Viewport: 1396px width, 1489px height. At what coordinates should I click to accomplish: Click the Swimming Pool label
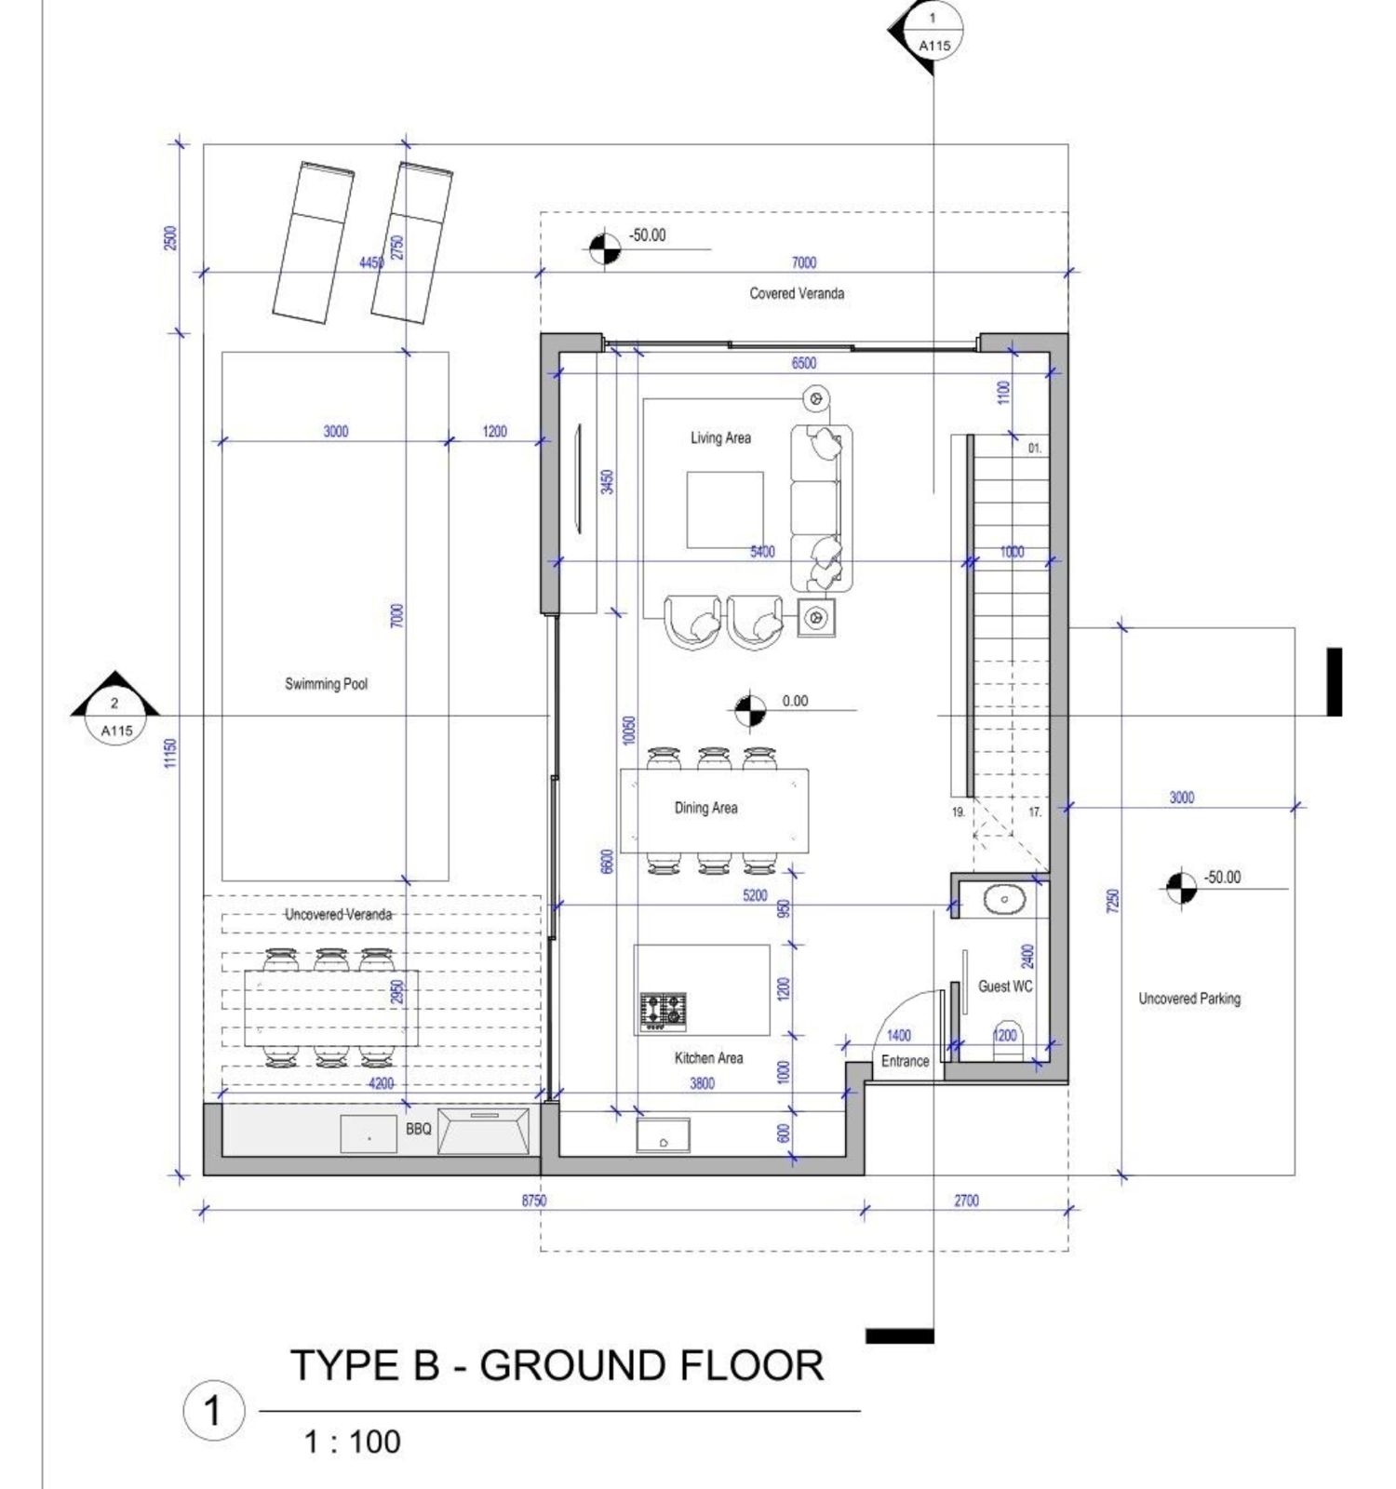point(326,684)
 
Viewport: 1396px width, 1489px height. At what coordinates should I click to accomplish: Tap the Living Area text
point(720,437)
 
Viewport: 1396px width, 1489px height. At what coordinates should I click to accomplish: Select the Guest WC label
point(1005,986)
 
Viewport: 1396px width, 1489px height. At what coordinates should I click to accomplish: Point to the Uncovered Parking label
point(1189,999)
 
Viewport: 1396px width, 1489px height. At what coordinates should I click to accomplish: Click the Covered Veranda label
point(797,293)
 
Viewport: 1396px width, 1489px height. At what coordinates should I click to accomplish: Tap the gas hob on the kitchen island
point(664,1012)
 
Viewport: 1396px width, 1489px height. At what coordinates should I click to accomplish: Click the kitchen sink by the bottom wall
point(663,1135)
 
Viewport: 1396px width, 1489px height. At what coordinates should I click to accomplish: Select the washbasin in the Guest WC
point(1004,900)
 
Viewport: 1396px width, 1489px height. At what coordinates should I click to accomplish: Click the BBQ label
point(419,1129)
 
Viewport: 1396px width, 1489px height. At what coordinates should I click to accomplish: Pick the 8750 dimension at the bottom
point(533,1201)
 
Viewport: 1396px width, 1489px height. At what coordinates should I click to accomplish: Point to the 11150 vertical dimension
point(169,754)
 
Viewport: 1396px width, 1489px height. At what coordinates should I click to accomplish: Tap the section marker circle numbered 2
point(115,717)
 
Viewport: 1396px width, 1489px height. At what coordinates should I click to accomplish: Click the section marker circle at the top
point(933,33)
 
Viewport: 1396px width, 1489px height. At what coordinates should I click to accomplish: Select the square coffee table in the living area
point(725,510)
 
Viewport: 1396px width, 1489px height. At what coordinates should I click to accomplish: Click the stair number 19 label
point(958,812)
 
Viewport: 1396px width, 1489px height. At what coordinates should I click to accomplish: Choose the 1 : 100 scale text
point(352,1442)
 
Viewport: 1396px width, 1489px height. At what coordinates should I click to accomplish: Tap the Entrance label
point(905,1061)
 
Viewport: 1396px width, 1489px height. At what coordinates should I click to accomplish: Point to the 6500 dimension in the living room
point(803,363)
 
